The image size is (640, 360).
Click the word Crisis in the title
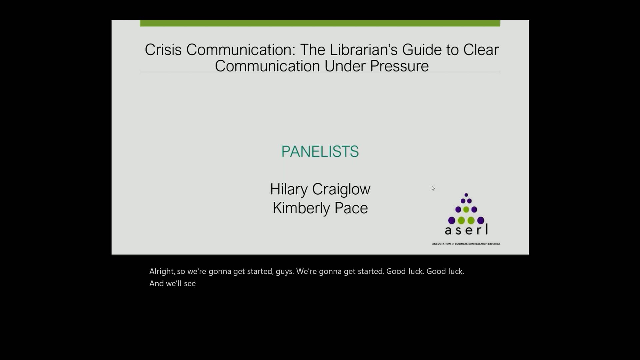163,50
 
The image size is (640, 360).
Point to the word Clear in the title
481,50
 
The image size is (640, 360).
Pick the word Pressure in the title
399,66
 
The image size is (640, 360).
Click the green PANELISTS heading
320,152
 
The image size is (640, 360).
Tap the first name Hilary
289,189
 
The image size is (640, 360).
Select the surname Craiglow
341,189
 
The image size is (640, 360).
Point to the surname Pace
351,208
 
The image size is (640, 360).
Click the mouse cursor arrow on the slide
433,188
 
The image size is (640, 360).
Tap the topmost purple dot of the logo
466,195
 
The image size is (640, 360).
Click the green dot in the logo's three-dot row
466,210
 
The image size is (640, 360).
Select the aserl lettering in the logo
466,230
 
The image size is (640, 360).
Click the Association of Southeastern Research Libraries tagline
466,244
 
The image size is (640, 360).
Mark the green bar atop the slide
320,23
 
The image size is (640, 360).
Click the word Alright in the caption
162,271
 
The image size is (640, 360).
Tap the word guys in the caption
284,272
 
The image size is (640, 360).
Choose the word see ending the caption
190,284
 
